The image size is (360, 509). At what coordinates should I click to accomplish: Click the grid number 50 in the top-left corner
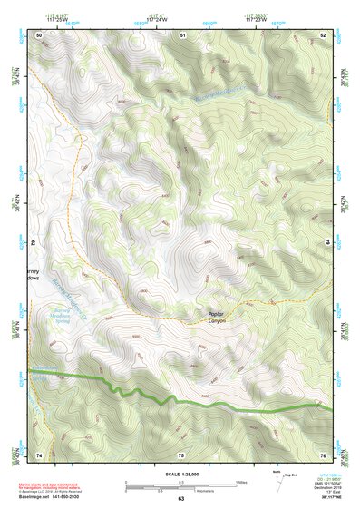39,34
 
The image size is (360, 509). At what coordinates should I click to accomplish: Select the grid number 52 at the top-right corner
324,34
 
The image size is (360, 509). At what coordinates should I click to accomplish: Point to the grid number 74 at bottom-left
39,454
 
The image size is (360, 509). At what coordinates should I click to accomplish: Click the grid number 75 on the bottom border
181,454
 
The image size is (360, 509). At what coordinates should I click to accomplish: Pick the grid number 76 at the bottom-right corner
324,454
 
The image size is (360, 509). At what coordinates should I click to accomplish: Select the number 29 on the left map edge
35,244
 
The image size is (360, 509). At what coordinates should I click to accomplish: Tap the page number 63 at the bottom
180,499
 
